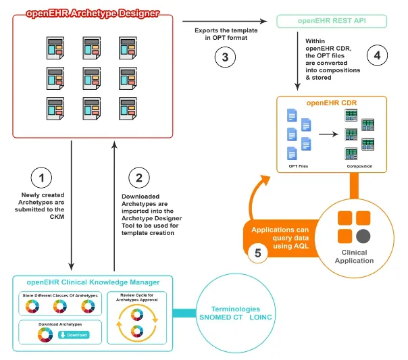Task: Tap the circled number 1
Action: [x=42, y=178]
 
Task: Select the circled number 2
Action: [x=138, y=178]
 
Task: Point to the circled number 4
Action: [x=376, y=55]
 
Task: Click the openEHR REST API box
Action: [x=332, y=21]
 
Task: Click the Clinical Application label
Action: [x=354, y=257]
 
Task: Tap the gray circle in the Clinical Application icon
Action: [x=363, y=236]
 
